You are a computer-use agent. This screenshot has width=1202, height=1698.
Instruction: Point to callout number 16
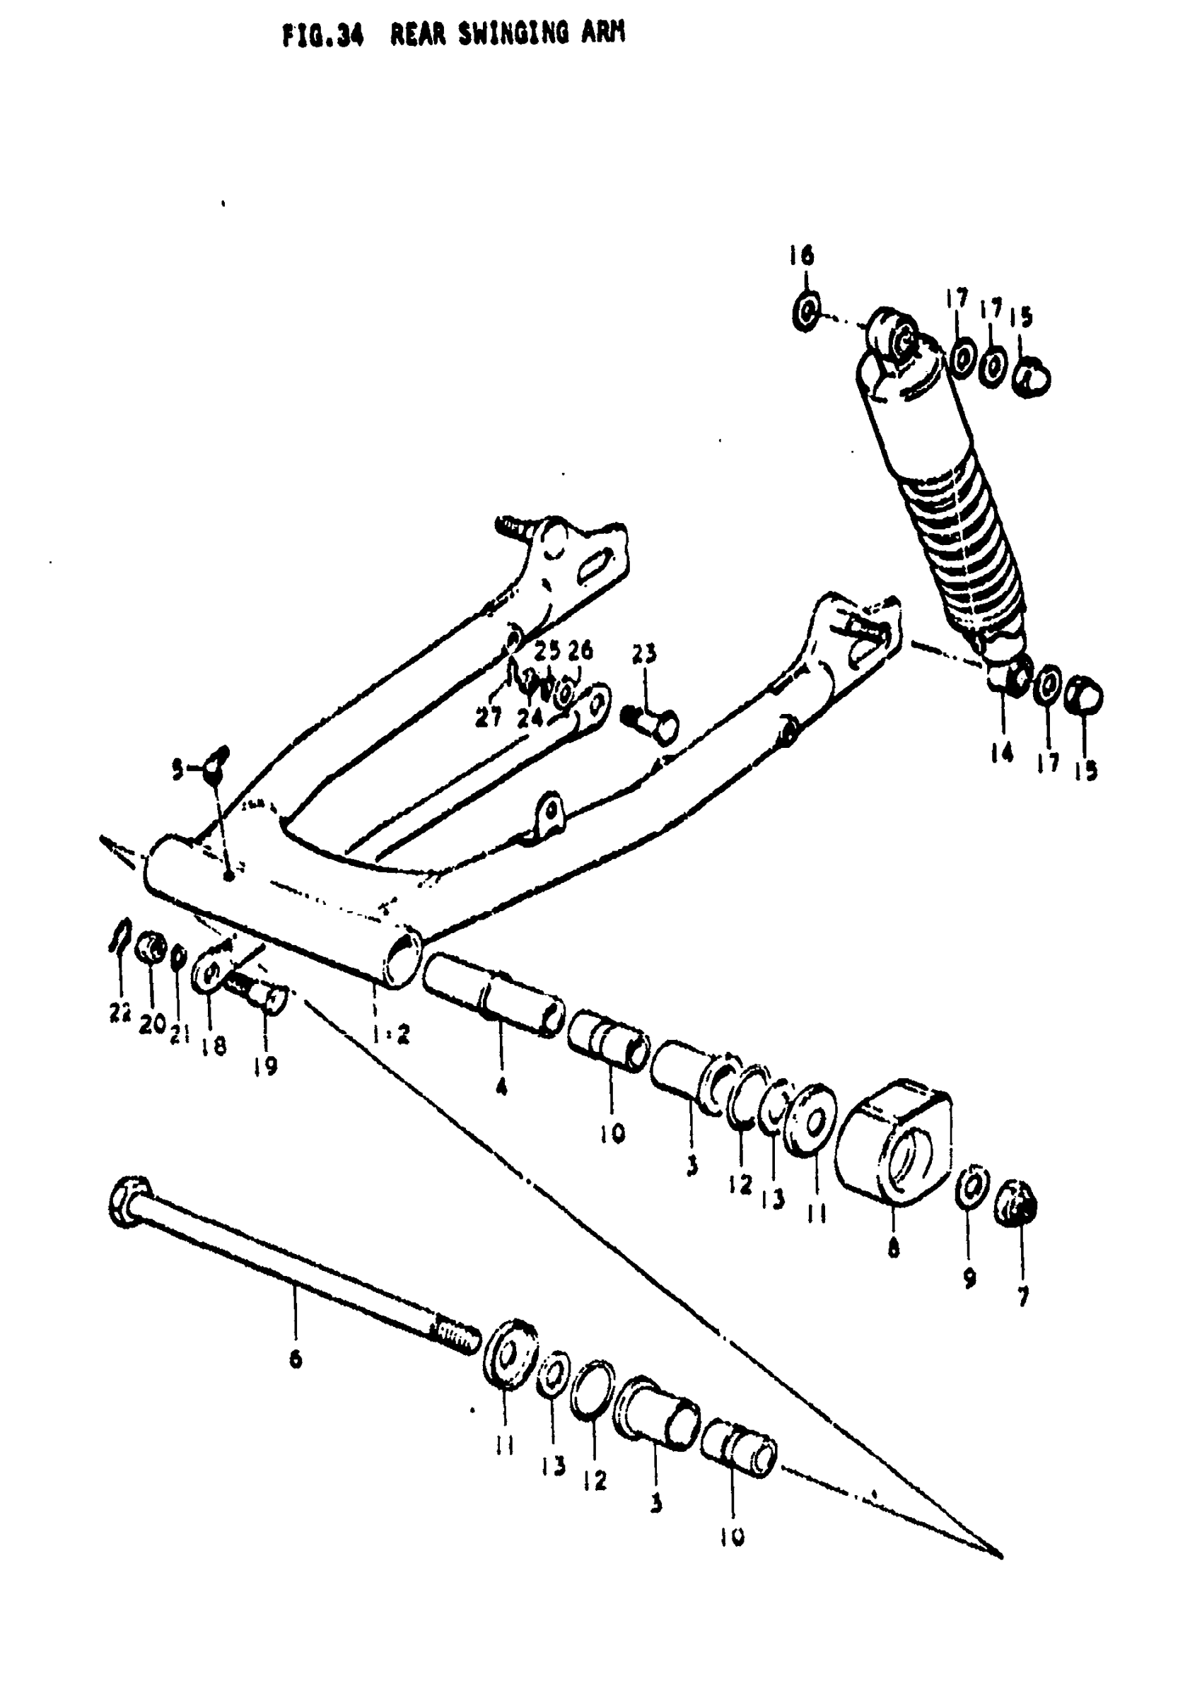point(802,255)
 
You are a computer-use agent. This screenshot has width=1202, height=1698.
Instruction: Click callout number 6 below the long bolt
point(296,1359)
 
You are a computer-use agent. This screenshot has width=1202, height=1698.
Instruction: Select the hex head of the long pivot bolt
point(132,1201)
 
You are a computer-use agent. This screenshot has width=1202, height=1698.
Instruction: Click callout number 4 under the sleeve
point(501,1087)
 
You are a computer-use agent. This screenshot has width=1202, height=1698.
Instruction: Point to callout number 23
point(644,654)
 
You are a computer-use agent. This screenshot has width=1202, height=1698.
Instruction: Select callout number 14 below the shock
point(1001,753)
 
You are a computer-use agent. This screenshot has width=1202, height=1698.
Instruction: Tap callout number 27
point(489,716)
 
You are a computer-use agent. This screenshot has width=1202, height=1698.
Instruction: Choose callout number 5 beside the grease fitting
point(177,772)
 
